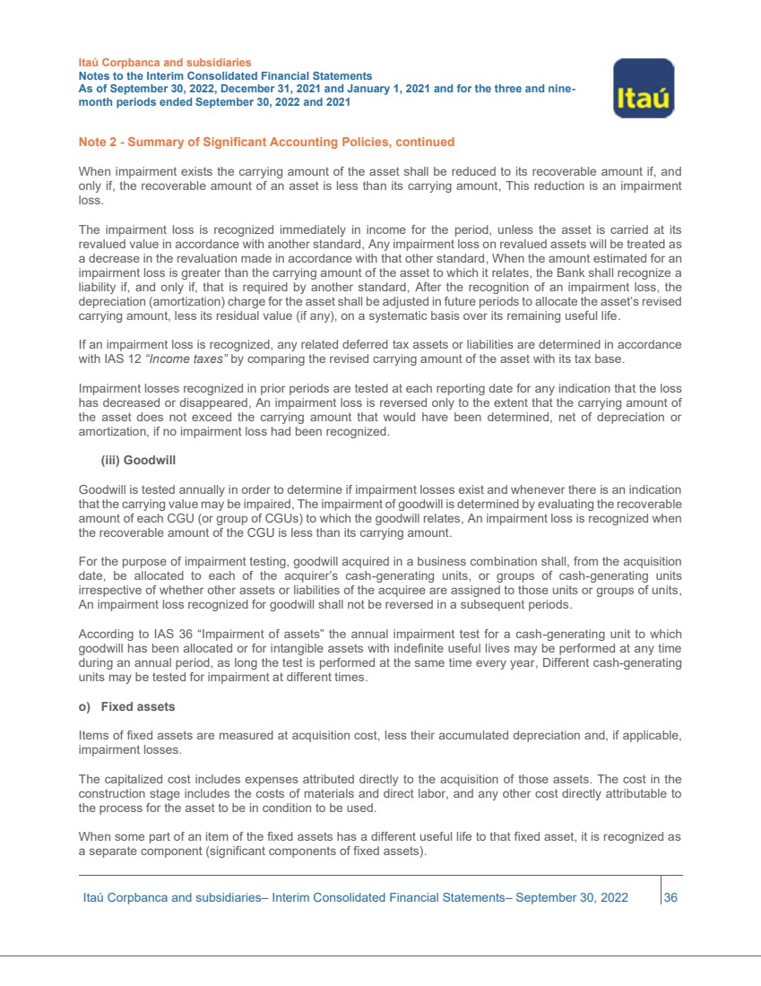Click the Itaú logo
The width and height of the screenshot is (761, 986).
click(x=643, y=89)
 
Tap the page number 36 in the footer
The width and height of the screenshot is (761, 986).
click(x=670, y=897)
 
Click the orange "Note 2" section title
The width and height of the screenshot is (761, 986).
click(x=266, y=142)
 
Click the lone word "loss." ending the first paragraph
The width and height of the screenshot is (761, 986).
click(x=91, y=203)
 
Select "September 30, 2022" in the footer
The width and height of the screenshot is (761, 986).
click(x=572, y=897)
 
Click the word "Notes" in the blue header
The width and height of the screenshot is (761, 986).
click(x=96, y=77)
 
